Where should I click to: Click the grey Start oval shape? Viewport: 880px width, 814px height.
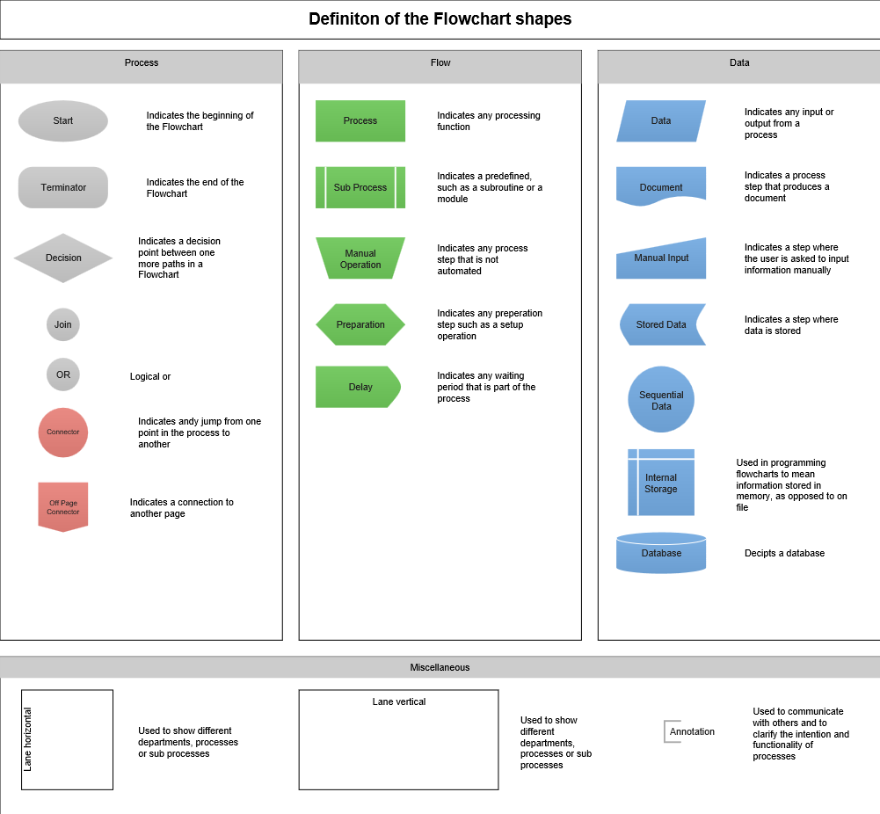pyautogui.click(x=63, y=121)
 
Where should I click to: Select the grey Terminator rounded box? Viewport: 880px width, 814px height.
pyautogui.click(x=63, y=187)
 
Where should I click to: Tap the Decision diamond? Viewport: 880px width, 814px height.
pyautogui.click(x=63, y=258)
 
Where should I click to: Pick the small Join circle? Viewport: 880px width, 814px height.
pyautogui.click(x=63, y=324)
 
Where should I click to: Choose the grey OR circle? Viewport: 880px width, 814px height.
pyautogui.click(x=63, y=374)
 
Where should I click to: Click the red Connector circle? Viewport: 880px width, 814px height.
pyautogui.click(x=63, y=432)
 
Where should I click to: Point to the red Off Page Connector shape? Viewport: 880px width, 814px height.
pyautogui.click(x=63, y=506)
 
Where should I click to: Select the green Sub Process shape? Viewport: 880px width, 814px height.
pyautogui.click(x=360, y=187)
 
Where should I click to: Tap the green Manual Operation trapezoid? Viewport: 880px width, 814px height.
pyautogui.click(x=360, y=258)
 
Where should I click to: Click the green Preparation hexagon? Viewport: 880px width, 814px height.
pyautogui.click(x=360, y=324)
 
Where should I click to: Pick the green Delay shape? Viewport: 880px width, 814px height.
pyautogui.click(x=359, y=387)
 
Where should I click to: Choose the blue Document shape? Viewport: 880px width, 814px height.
pyautogui.click(x=661, y=185)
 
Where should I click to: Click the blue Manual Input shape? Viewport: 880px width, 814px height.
pyautogui.click(x=661, y=259)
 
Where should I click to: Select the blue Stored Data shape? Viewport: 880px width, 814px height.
pyautogui.click(x=661, y=324)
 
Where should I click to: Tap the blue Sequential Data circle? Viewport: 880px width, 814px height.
pyautogui.click(x=661, y=400)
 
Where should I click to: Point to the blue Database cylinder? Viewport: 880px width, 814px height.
pyautogui.click(x=661, y=553)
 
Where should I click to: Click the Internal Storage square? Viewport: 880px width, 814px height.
pyautogui.click(x=661, y=483)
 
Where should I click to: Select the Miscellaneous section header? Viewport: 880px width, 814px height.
pyautogui.click(x=440, y=667)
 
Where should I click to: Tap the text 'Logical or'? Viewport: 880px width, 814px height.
pyautogui.click(x=150, y=376)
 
